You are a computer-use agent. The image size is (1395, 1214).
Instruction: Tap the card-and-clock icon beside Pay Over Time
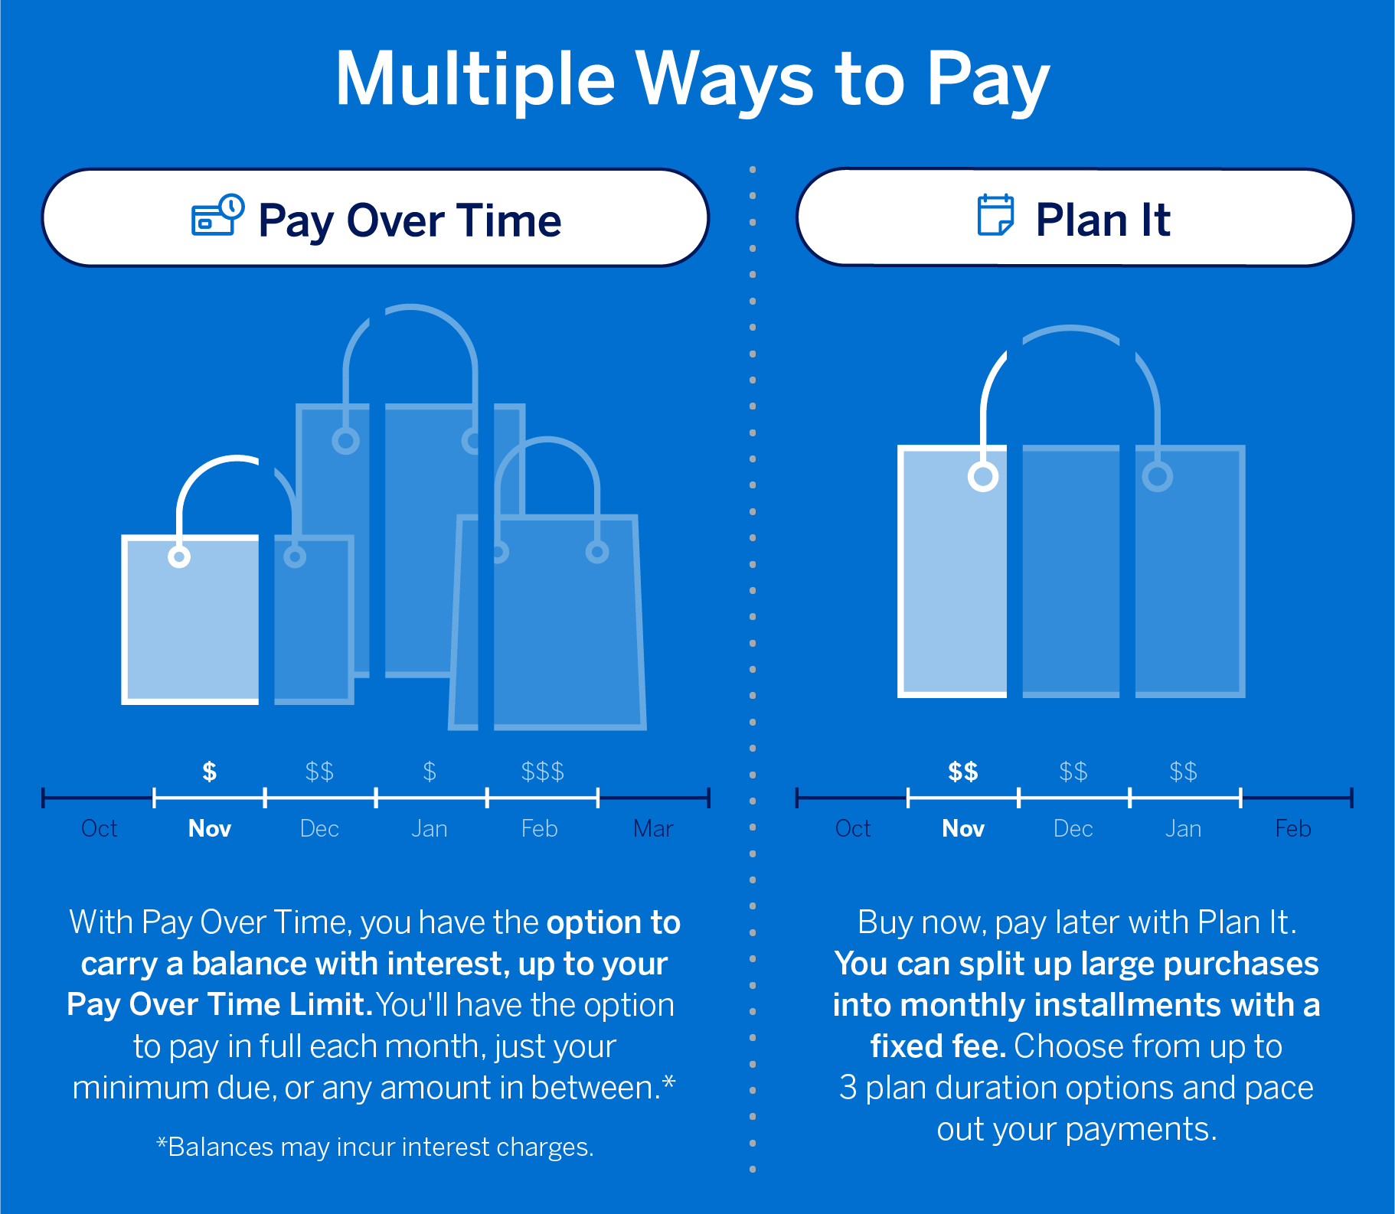[x=217, y=215]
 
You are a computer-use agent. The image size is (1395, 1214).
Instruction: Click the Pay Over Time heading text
[x=410, y=220]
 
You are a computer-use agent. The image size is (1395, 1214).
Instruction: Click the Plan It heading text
[x=1103, y=220]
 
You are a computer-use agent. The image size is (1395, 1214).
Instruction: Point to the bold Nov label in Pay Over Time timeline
[x=209, y=828]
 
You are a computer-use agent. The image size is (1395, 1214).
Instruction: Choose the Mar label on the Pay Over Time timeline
[x=653, y=828]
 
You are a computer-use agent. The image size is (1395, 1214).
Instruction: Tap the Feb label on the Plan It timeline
[x=1292, y=828]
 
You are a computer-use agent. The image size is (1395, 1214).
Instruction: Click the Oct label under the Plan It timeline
[x=853, y=828]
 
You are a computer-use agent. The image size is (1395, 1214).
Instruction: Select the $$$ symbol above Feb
[x=542, y=772]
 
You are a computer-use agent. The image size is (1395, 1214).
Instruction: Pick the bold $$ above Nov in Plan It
[x=962, y=772]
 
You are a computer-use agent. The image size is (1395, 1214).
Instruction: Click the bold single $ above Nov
[x=209, y=772]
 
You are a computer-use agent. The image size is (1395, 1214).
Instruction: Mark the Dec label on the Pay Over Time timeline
[x=319, y=828]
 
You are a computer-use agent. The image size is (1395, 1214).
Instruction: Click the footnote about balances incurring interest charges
[x=375, y=1147]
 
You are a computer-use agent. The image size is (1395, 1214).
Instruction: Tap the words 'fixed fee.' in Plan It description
[x=938, y=1046]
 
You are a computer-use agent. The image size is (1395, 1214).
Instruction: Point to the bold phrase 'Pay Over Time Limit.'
[x=219, y=1005]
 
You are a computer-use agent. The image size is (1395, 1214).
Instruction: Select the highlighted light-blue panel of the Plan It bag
[x=954, y=574]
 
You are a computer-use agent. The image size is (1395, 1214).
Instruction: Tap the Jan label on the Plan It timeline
[x=1183, y=828]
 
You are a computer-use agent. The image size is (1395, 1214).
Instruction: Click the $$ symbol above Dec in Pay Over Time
[x=319, y=772]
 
